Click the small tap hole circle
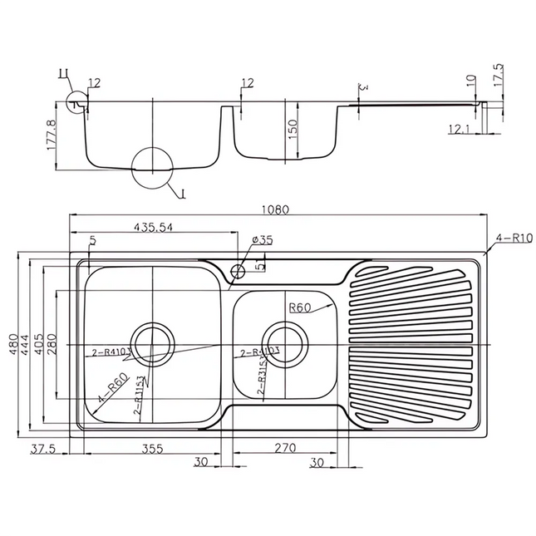click(238, 270)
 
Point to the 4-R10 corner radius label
click(513, 238)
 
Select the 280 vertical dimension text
click(52, 344)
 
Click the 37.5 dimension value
click(42, 449)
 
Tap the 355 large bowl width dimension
click(152, 449)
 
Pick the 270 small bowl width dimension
click(285, 449)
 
